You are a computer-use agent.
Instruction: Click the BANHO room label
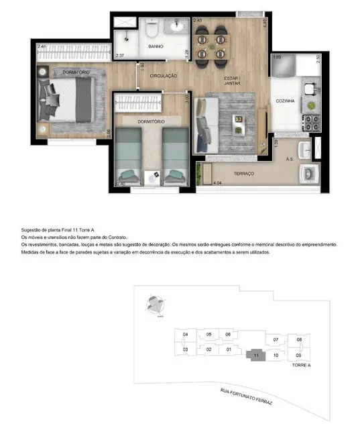coord(156,47)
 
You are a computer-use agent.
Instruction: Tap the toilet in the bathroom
coord(152,30)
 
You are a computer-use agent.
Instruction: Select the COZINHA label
coord(285,101)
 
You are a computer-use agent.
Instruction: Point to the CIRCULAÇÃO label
coord(164,76)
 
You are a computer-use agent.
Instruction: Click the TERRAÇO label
coord(243,173)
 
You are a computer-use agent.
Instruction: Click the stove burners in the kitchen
coord(312,122)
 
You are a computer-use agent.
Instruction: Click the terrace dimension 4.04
coord(217,182)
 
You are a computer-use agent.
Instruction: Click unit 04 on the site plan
coord(184,334)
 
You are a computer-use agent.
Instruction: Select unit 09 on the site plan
coord(299,355)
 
